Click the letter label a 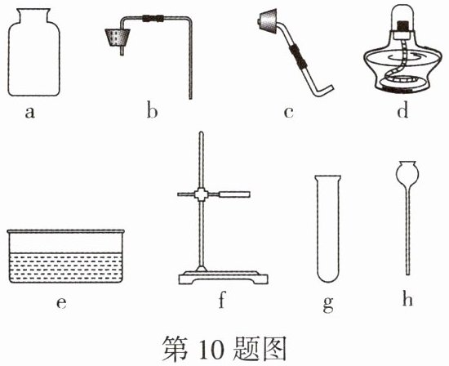(x=29, y=113)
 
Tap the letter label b (x=152, y=110)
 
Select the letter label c (x=289, y=113)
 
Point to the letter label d (x=402, y=110)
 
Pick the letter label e (x=61, y=302)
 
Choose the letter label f (x=222, y=300)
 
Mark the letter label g (x=328, y=305)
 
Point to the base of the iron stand (x=224, y=279)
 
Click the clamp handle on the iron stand (x=234, y=194)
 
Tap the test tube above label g (x=328, y=229)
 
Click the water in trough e (x=65, y=267)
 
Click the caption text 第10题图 (x=224, y=349)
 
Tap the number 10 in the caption (x=210, y=350)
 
